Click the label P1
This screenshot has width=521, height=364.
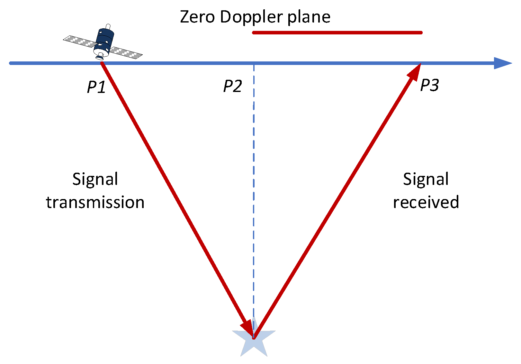(96, 87)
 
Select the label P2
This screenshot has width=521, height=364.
(232, 86)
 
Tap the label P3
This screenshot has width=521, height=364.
(429, 85)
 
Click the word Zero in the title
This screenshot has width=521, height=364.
(197, 17)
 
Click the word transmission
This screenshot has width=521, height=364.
(95, 203)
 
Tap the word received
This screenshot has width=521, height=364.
(426, 202)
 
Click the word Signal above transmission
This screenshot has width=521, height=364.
(95, 179)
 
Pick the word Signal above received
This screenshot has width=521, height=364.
(426, 179)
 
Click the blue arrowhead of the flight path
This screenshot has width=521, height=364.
(502, 63)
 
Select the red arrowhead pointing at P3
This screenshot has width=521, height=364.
(415, 72)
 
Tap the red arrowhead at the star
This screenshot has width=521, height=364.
(248, 328)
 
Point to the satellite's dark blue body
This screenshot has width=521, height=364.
(104, 40)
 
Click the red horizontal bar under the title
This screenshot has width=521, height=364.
(337, 32)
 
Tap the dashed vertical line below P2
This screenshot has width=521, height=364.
(254, 193)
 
